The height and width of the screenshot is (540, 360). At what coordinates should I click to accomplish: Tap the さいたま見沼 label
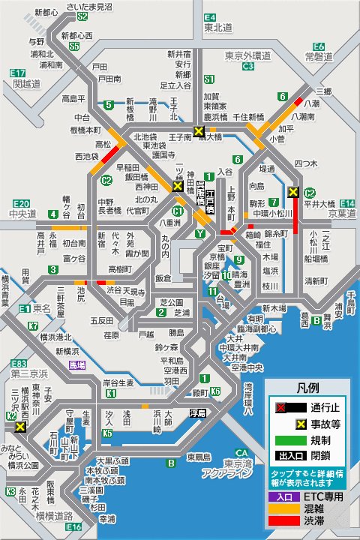coord(89,6)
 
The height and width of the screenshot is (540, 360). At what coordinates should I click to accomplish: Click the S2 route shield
coord(82,16)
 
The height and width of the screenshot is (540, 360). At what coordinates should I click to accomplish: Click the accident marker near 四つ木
coord(293,192)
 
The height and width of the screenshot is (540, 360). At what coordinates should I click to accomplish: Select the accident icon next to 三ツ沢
coord(20,426)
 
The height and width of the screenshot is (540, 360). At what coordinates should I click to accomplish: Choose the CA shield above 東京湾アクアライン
coord(241,453)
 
